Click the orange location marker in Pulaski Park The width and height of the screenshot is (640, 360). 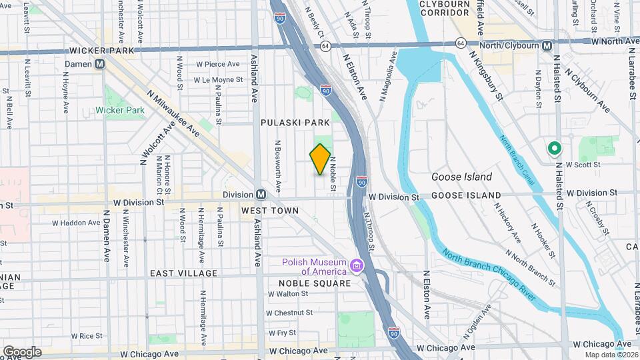320,159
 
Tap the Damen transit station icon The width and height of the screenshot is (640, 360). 100,64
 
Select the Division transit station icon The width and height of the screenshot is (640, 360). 261,195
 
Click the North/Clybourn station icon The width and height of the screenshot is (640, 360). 546,45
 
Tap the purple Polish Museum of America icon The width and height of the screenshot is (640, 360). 357,267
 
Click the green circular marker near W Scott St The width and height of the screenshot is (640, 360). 553,149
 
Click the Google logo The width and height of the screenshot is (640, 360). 22,351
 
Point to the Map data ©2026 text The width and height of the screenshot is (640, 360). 611,354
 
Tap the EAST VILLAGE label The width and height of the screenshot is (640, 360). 183,273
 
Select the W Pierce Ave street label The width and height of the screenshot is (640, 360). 217,64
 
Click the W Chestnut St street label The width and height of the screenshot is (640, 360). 291,312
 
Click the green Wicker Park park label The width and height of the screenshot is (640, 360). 120,110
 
